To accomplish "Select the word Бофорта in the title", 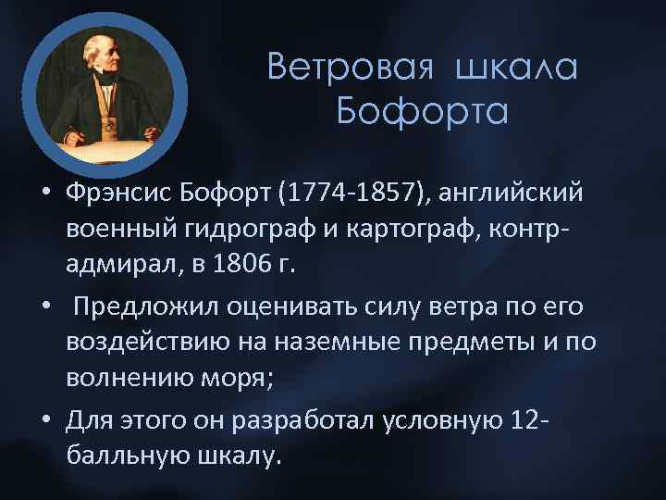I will [x=423, y=112].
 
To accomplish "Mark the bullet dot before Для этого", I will [x=45, y=421].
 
